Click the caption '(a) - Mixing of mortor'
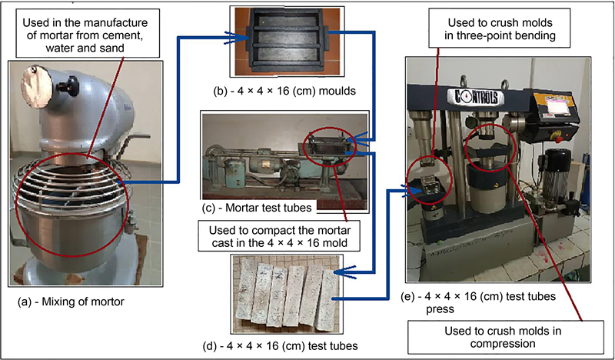(71, 302)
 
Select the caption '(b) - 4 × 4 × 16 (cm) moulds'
(284, 91)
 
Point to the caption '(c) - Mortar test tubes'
(257, 208)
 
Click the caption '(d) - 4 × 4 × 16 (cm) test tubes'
(281, 346)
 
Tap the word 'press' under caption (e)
(440, 310)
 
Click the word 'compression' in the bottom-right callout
(503, 344)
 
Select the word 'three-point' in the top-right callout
(487, 36)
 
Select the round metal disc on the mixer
(36, 82)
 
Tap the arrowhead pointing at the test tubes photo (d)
(345, 272)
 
